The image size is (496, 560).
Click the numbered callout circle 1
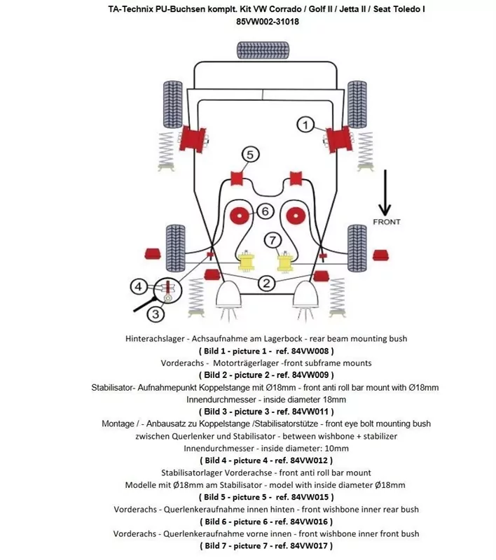tap(305, 125)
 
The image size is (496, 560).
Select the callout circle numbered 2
tap(266, 283)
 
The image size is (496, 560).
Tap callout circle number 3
tap(155, 314)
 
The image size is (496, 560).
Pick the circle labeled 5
tap(250, 155)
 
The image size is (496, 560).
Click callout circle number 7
tap(273, 240)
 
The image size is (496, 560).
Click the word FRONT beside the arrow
tap(386, 222)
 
